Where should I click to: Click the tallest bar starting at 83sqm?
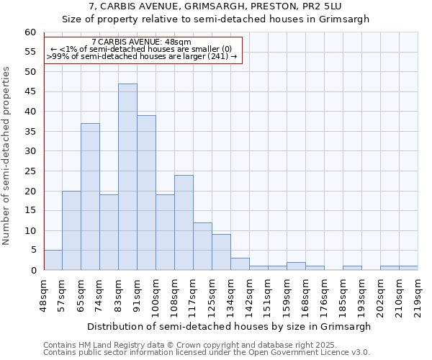click(x=127, y=177)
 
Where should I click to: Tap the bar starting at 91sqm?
click(x=146, y=193)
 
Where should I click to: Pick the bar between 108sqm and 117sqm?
click(x=184, y=222)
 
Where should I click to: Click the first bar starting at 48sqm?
click(x=53, y=260)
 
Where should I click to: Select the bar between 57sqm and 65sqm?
click(x=71, y=230)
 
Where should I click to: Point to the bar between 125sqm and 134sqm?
click(x=221, y=252)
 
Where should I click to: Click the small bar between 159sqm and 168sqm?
click(x=296, y=266)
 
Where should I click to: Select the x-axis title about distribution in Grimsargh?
click(x=230, y=326)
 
